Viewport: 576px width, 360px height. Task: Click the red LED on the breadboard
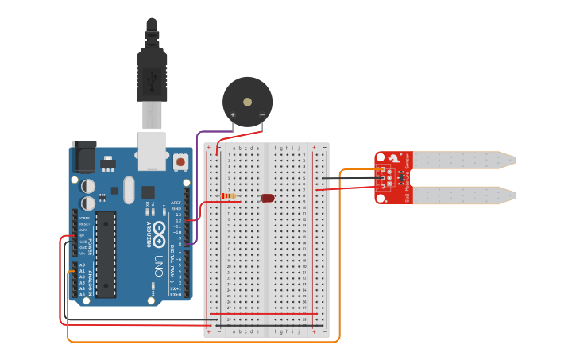coord(268,197)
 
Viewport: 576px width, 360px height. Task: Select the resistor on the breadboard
coord(229,196)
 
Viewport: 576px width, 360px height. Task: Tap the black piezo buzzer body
coord(247,100)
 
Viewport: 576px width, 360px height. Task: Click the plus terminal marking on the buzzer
coord(233,115)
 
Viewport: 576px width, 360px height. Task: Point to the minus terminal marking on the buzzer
coord(262,115)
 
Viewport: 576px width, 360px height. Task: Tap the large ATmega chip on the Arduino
coord(106,254)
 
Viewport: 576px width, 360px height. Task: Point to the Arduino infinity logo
coord(158,231)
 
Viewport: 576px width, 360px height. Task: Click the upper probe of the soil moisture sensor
coord(465,160)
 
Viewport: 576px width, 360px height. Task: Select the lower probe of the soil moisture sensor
coord(465,195)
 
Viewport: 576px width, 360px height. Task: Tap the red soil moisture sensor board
coord(393,177)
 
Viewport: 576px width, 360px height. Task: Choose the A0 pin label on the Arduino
coord(82,265)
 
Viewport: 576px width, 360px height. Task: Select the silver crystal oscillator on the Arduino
coord(129,190)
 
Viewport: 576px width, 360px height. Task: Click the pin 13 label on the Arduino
coord(178,215)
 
